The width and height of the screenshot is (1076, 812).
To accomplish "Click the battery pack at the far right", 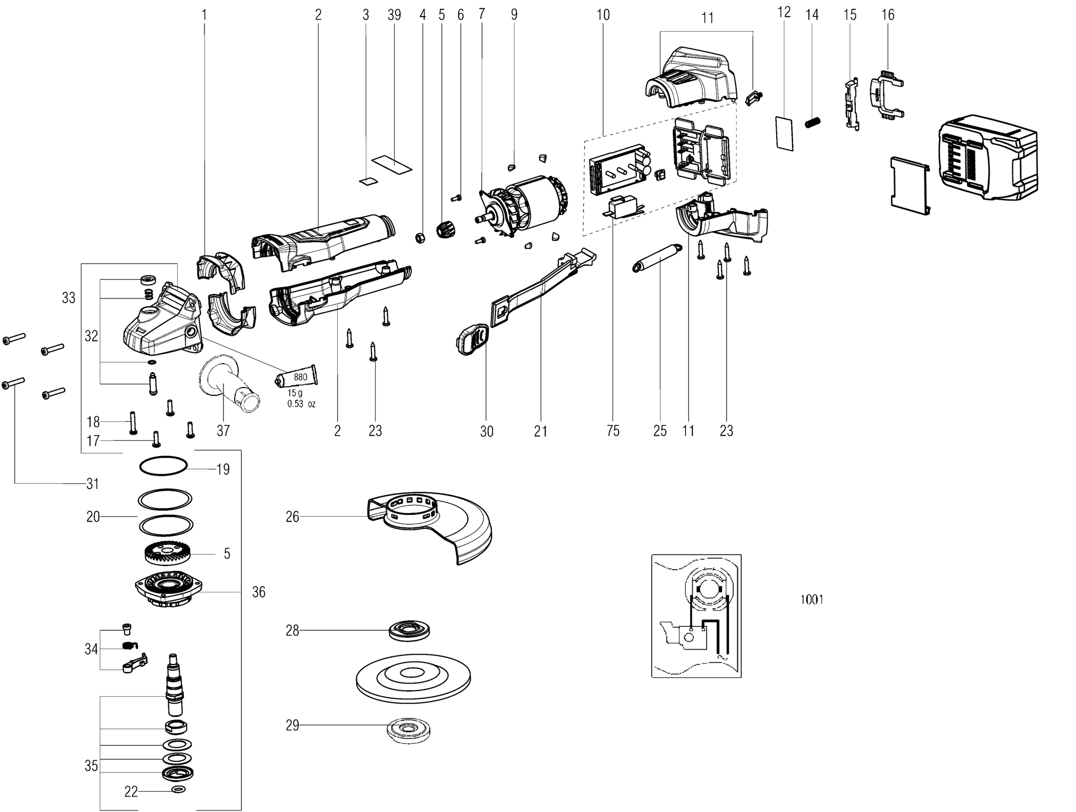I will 986,159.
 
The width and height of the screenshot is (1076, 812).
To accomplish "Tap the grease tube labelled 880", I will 297,378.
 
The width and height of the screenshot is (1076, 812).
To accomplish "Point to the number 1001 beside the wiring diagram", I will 812,599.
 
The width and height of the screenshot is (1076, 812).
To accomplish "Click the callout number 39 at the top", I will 394,15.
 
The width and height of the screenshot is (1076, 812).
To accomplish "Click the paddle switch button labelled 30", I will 472,339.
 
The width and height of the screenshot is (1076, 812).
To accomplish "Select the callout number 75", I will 613,431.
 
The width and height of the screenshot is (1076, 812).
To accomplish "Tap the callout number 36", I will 259,592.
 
